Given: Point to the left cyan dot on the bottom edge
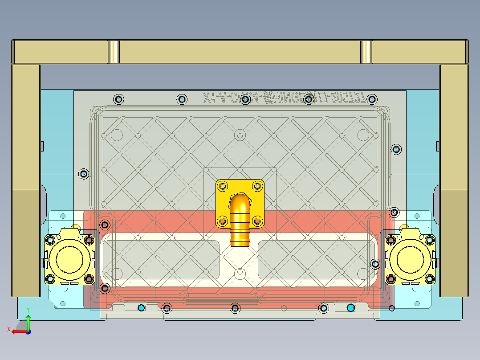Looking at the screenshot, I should [142, 308].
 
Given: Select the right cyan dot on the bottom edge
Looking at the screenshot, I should [350, 308].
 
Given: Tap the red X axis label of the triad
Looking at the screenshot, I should [8, 330].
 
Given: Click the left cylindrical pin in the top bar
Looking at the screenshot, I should [114, 52].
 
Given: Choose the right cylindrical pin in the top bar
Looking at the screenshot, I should [366, 52].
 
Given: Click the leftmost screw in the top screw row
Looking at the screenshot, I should [118, 99].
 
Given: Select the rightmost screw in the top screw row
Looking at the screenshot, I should [372, 99].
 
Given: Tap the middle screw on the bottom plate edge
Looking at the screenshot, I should [235, 308].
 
